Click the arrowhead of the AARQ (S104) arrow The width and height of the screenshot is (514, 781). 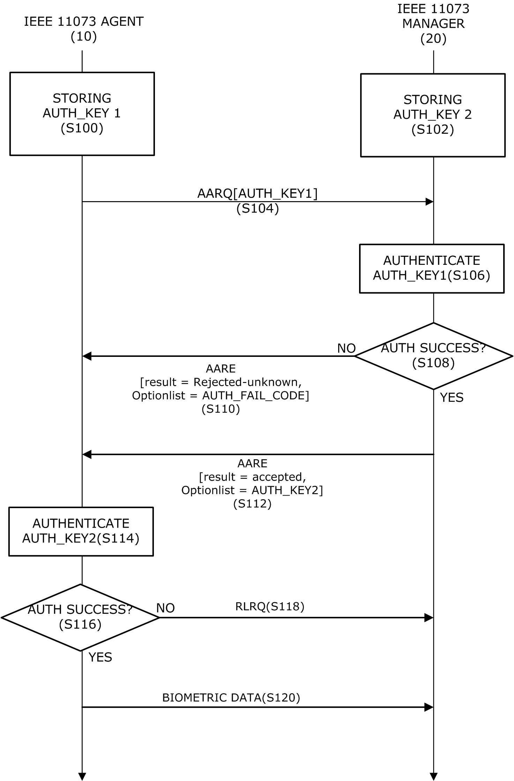click(430, 201)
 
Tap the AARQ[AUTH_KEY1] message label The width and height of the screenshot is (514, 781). click(258, 193)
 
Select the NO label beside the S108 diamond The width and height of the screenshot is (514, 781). click(346, 348)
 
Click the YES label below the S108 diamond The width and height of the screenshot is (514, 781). click(452, 397)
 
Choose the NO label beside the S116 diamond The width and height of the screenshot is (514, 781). click(165, 608)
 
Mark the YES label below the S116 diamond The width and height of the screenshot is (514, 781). click(100, 657)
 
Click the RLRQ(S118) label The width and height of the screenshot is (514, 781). click(270, 606)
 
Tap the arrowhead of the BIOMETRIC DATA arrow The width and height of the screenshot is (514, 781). click(429, 707)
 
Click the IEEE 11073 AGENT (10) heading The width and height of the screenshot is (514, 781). click(84, 29)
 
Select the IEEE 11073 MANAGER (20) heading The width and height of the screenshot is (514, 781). click(433, 24)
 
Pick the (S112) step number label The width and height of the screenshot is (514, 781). click(252, 503)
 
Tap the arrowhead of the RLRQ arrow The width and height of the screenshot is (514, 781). click(429, 618)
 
